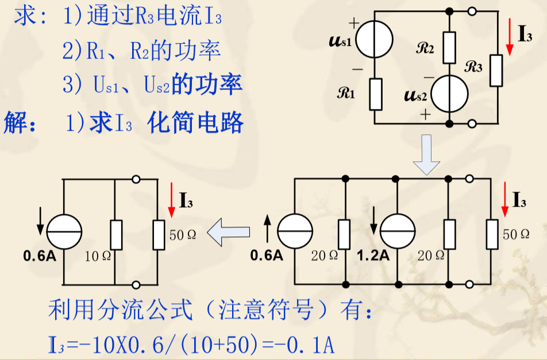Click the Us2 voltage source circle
(x=449, y=94)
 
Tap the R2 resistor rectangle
(x=449, y=48)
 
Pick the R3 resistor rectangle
(x=496, y=70)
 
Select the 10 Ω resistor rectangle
(x=115, y=234)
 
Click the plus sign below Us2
(x=425, y=114)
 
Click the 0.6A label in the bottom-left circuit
(x=40, y=256)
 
